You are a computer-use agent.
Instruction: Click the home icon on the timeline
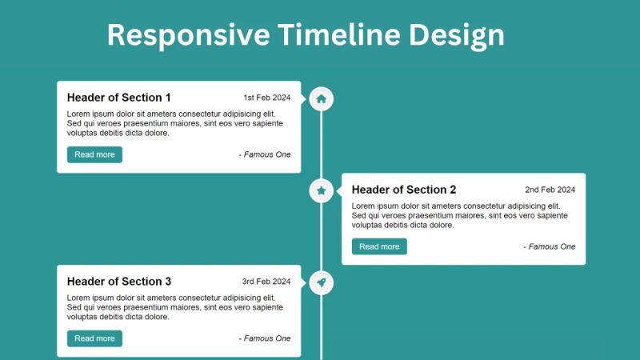(x=321, y=99)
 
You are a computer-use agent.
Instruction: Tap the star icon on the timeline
(x=321, y=190)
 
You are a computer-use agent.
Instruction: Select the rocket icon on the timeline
(x=321, y=282)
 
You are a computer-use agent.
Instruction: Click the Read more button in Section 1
(x=94, y=154)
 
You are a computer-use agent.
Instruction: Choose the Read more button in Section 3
(x=94, y=338)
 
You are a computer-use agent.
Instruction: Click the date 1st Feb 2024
(x=267, y=98)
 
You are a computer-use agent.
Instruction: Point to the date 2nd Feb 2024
(x=550, y=190)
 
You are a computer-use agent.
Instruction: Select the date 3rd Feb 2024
(x=266, y=282)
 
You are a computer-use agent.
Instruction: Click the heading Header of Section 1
(x=119, y=98)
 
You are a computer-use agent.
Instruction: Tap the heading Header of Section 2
(x=404, y=190)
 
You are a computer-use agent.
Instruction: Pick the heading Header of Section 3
(x=119, y=282)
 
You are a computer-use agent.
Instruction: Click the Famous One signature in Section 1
(x=265, y=154)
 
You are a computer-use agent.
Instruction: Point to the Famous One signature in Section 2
(x=550, y=246)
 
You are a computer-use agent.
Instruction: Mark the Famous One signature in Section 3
(x=265, y=338)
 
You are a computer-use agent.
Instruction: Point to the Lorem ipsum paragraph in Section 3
(x=175, y=307)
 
